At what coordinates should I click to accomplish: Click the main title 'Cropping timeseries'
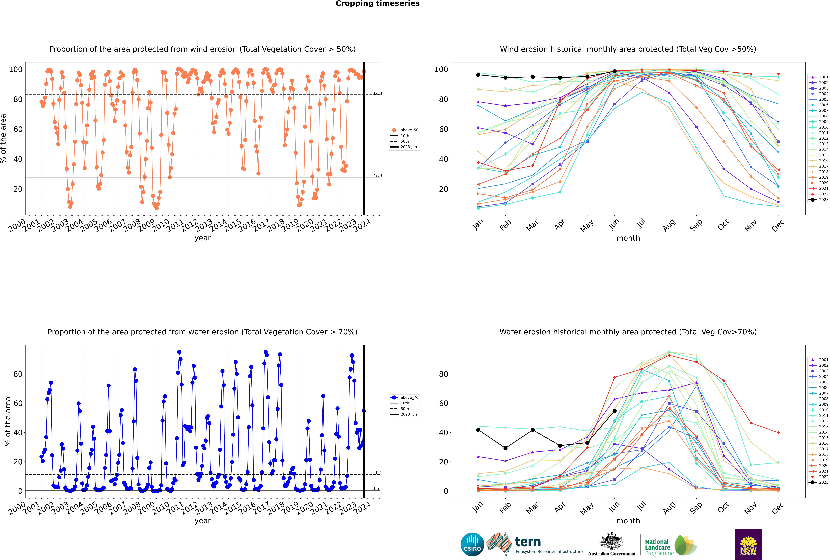(377, 4)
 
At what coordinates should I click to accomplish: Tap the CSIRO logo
(472, 544)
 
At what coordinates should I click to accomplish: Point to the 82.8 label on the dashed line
(377, 94)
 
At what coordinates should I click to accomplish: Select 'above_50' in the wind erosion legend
(409, 130)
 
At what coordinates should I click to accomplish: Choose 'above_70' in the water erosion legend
(409, 398)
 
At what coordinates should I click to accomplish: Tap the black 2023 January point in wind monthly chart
(478, 75)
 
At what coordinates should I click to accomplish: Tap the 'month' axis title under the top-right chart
(628, 238)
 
